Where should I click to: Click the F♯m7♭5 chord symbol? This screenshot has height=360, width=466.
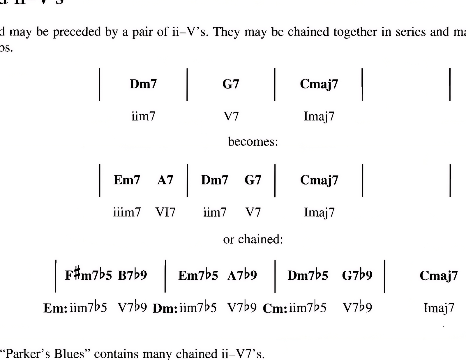tap(88, 275)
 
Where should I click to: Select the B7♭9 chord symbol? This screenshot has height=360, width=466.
tap(133, 275)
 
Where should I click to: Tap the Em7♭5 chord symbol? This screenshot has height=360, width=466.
tap(198, 275)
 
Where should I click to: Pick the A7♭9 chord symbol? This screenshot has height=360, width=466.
tap(242, 275)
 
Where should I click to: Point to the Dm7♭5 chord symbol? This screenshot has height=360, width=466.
tap(308, 275)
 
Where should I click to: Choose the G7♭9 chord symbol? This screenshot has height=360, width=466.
tap(357, 275)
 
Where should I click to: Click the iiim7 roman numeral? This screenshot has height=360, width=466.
tap(127, 212)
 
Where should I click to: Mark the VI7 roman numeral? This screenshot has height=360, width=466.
tap(165, 212)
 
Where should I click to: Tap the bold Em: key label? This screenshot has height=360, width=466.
tap(56, 308)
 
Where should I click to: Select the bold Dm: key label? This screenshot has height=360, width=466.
tap(165, 308)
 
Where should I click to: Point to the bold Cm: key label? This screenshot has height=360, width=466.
tap(275, 308)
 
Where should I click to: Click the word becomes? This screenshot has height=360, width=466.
tap(252, 142)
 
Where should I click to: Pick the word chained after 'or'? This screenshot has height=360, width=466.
tap(260, 239)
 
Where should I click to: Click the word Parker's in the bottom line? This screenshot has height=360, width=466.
tap(26, 354)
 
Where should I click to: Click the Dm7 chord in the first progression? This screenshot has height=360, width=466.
tap(143, 84)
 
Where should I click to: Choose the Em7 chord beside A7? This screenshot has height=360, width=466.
tap(127, 180)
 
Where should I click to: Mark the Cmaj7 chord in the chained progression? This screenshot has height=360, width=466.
tap(439, 275)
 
